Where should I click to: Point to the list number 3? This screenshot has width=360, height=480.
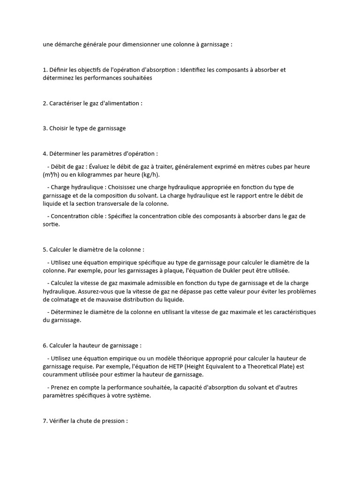coord(45,128)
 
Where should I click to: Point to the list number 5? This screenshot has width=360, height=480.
coord(45,249)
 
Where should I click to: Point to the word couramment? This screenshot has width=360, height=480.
coord(59,375)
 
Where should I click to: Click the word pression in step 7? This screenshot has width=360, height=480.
coord(113,420)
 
